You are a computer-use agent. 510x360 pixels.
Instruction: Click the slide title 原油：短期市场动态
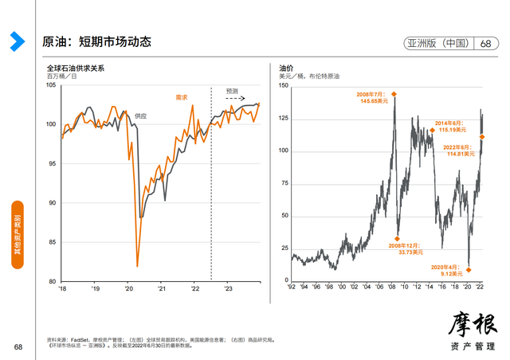click(96, 41)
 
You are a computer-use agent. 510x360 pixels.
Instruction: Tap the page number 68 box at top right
click(486, 43)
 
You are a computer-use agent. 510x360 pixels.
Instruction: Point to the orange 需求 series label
click(182, 97)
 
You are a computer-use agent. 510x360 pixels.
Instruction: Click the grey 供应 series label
click(140, 115)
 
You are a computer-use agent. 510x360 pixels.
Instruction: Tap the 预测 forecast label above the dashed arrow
click(233, 91)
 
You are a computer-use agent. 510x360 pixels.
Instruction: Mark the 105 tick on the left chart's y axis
click(51, 85)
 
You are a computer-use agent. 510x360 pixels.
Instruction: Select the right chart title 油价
click(286, 68)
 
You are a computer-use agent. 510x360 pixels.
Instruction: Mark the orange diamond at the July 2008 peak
click(394, 94)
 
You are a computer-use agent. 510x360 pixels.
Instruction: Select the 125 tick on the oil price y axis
click(283, 118)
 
